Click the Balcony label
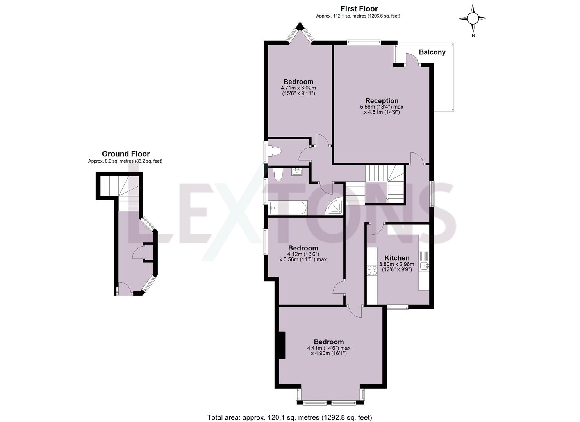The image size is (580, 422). (432, 52)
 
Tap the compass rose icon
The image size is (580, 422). (473, 18)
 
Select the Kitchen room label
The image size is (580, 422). (397, 258)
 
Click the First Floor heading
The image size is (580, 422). (359, 9)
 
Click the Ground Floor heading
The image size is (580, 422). (126, 154)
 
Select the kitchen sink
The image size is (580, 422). (423, 266)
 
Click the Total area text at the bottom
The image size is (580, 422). (289, 417)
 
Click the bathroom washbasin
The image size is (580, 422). (297, 171)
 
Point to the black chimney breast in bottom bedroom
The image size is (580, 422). (281, 345)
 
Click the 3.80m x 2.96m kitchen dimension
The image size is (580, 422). (397, 264)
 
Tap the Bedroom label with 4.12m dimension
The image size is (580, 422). (303, 248)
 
